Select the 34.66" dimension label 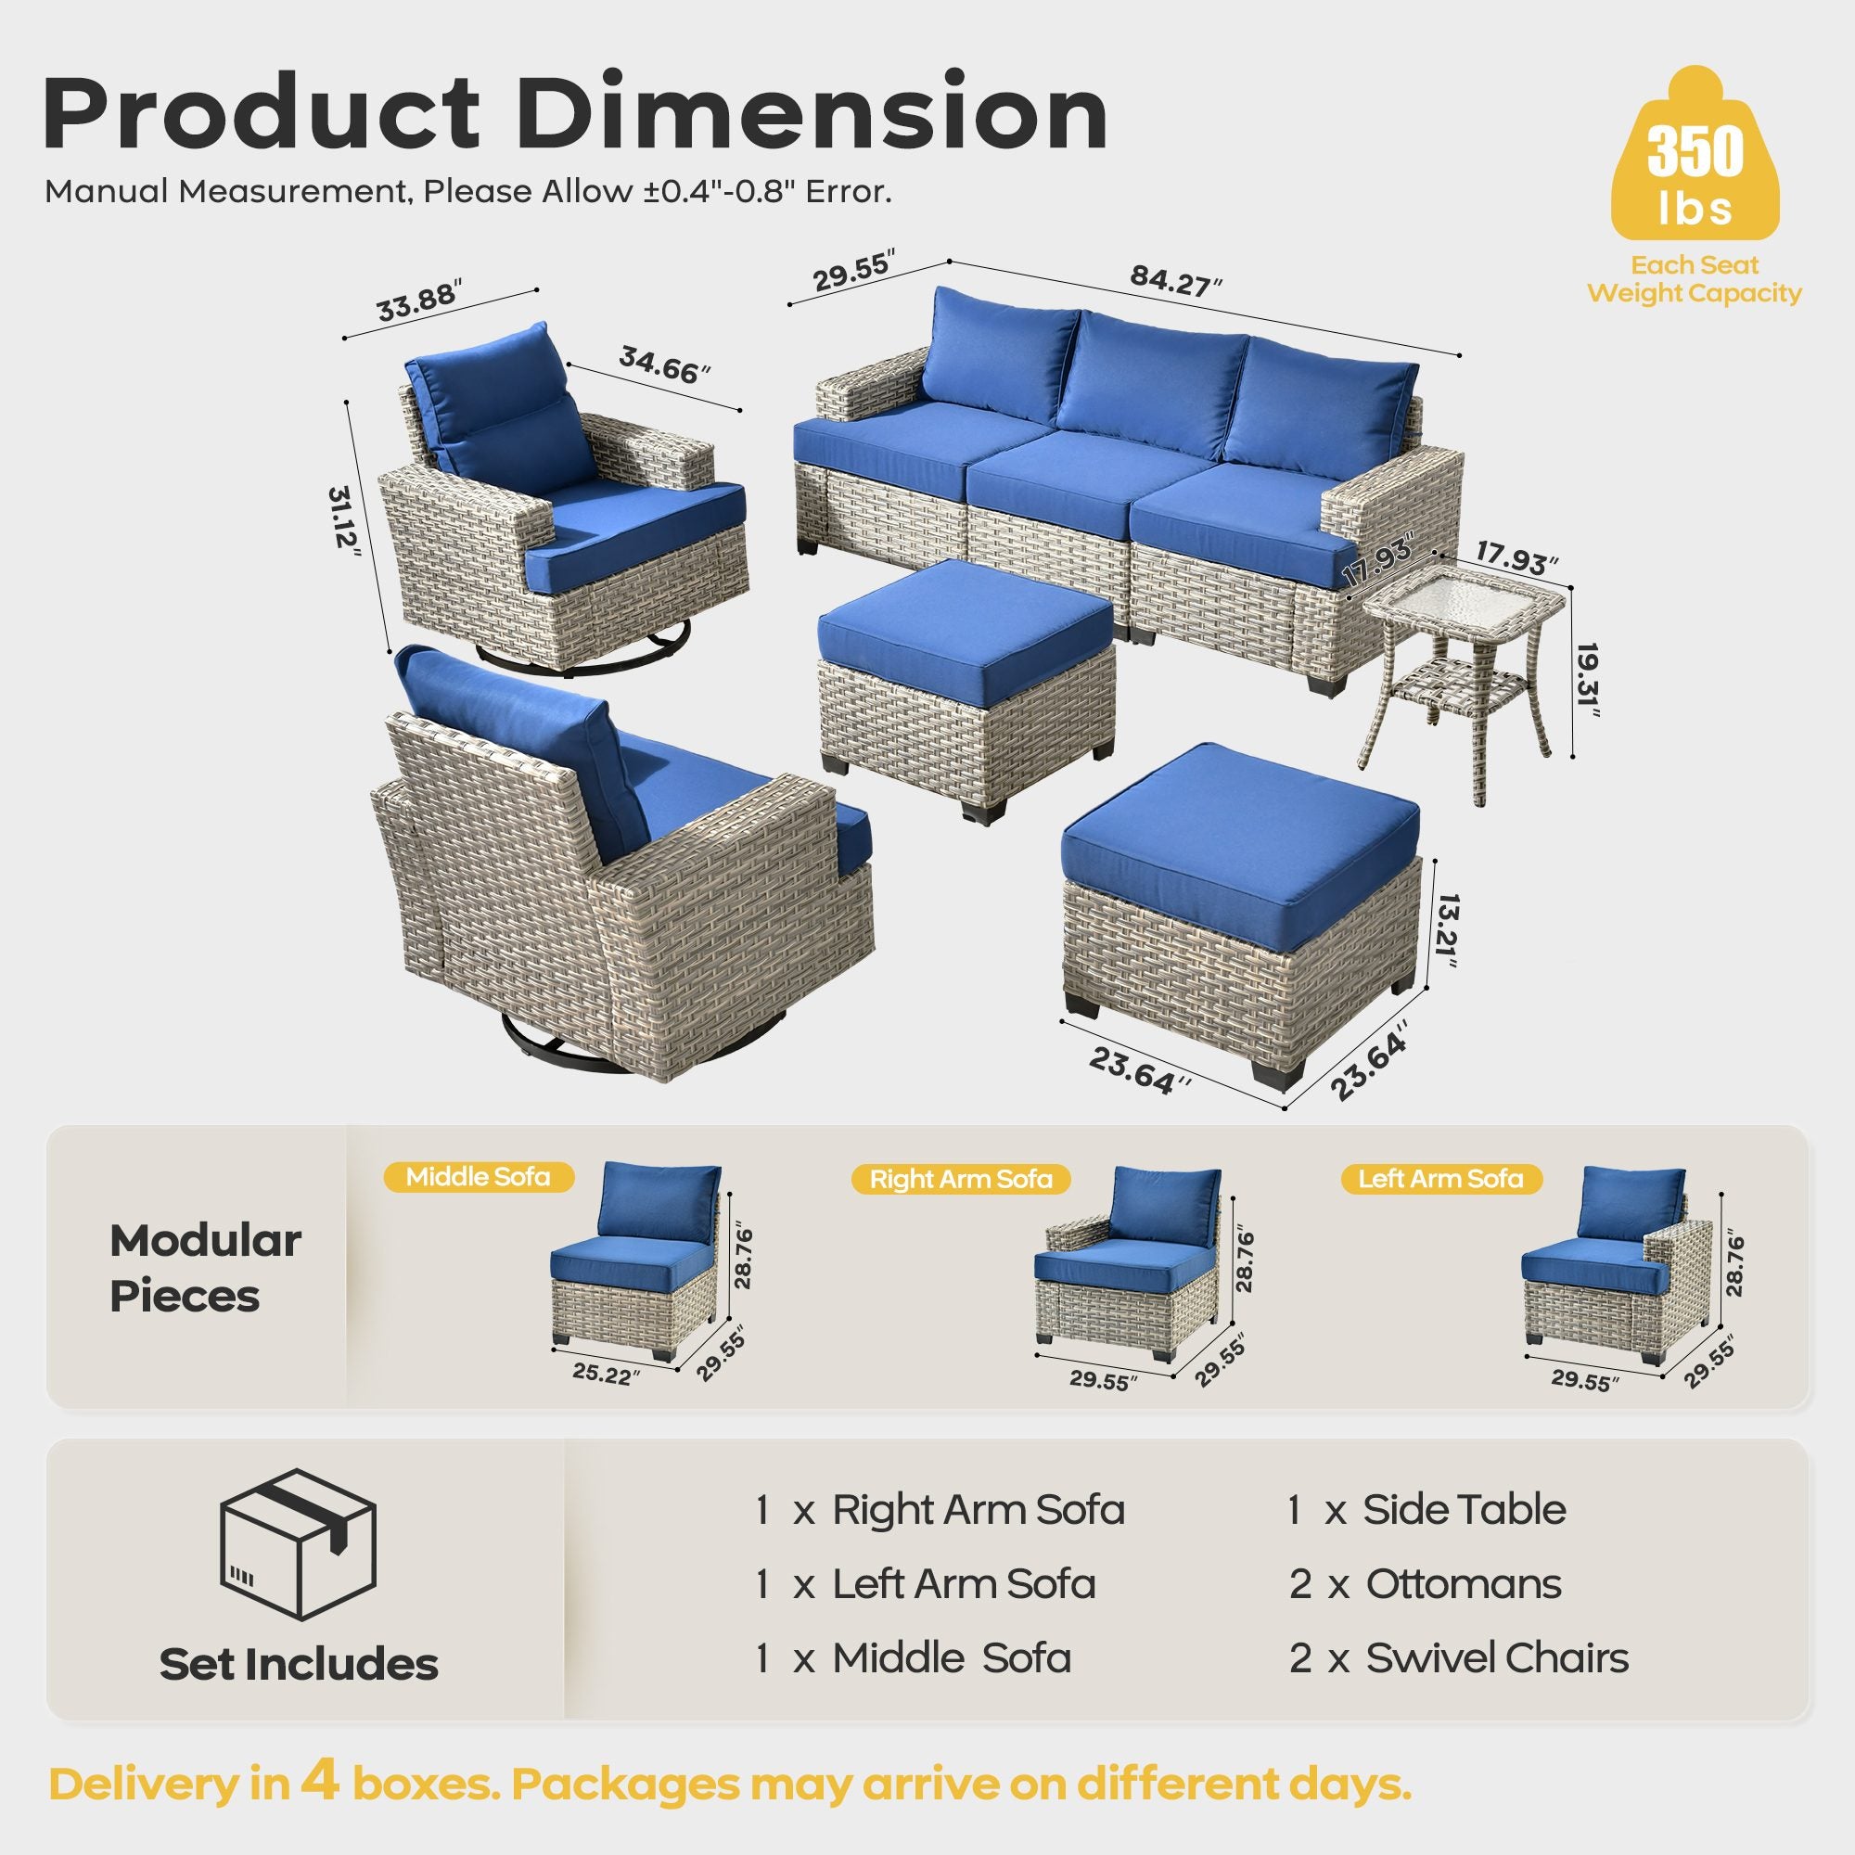point(663,365)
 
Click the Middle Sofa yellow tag point(479,1177)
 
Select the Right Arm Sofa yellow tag point(960,1179)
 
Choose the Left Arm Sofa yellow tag point(1440,1179)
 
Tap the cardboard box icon point(298,1545)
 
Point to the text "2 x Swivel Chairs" point(1458,1658)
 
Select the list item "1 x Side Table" point(1426,1510)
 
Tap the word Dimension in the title point(812,115)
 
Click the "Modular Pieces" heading point(204,1268)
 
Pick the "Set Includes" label point(299,1665)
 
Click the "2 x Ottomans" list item point(1425,1584)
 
